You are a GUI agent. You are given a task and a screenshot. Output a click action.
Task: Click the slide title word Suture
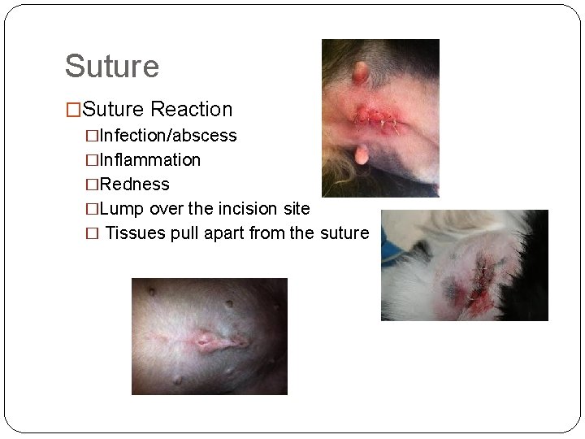tap(112, 67)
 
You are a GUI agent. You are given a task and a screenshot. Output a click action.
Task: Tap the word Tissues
tap(136, 233)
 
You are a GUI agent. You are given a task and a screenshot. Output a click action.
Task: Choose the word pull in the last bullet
tap(183, 233)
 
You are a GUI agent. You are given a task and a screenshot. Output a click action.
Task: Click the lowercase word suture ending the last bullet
tap(344, 233)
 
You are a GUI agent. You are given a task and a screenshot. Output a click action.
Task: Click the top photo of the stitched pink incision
tap(380, 118)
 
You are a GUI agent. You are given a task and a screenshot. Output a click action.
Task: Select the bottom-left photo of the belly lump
tap(210, 336)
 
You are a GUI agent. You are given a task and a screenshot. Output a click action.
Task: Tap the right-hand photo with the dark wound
tap(464, 265)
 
